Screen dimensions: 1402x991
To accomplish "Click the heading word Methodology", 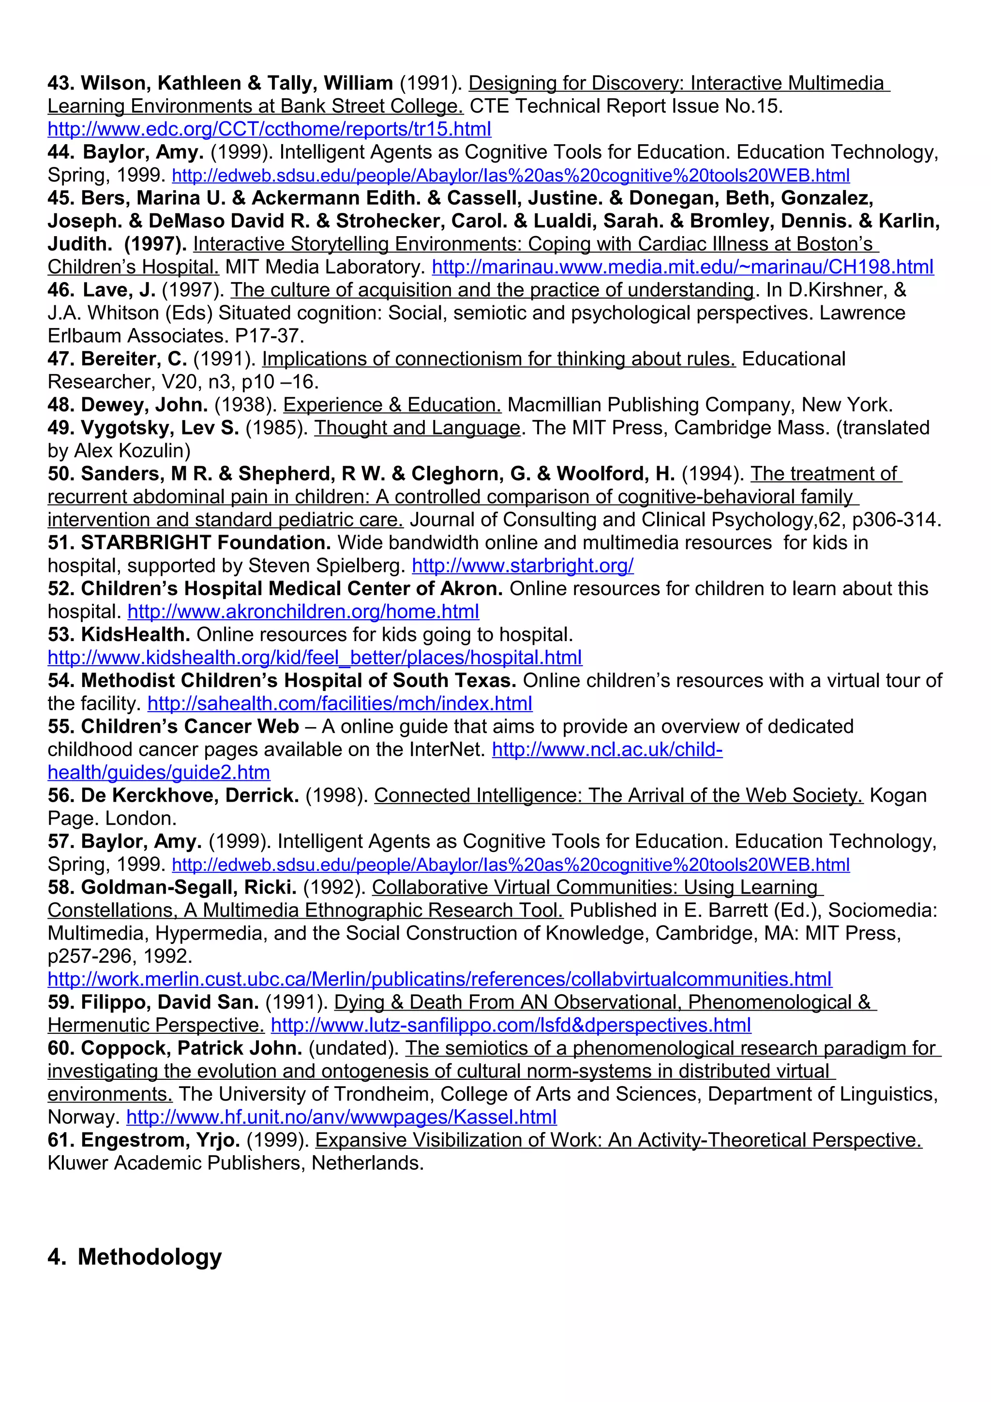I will click(150, 1257).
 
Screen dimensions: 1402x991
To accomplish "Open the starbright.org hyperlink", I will click(523, 566).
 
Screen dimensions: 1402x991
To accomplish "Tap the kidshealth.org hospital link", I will click(315, 657).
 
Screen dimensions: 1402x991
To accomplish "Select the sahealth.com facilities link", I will click(340, 703).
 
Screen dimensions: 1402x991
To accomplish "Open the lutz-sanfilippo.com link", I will click(511, 1025).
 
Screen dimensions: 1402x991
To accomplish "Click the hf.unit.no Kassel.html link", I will click(341, 1117).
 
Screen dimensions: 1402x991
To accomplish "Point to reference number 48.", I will click(61, 405).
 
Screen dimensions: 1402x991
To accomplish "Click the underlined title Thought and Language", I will click(417, 428).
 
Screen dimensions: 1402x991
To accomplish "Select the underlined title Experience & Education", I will click(392, 405).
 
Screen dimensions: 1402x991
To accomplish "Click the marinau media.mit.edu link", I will click(683, 267).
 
